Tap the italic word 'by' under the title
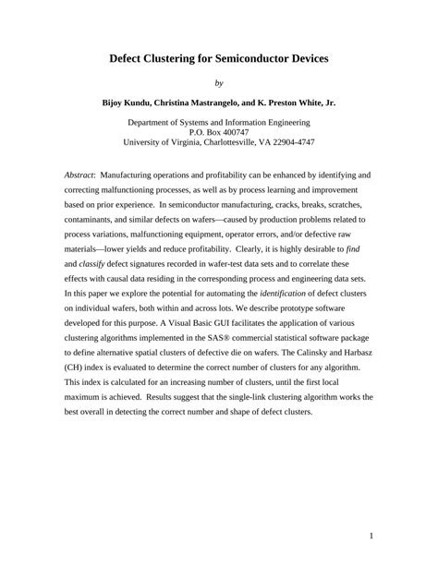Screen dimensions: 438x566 click(218, 82)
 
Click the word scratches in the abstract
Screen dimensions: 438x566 click(347, 204)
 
